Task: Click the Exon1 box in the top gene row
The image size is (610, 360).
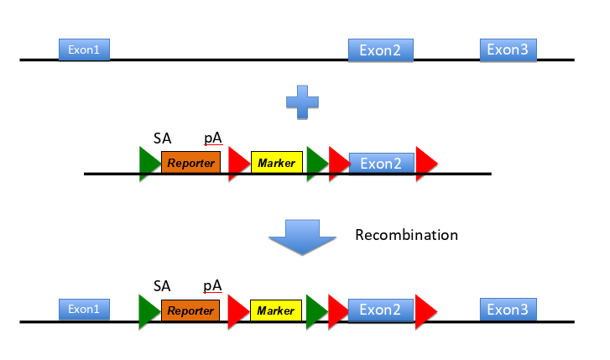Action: coord(84,50)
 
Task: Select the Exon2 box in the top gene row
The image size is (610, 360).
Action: coord(381,50)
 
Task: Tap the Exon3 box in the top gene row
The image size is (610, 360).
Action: coord(508,50)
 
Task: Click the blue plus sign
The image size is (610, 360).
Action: coord(303,103)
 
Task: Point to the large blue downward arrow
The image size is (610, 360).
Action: coord(302,239)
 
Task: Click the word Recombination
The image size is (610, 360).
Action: coord(406,235)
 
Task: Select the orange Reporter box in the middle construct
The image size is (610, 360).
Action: coord(190,163)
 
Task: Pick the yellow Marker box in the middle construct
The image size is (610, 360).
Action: coord(276,163)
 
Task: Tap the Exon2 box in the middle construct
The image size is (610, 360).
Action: coord(381,163)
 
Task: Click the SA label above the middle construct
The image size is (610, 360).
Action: coord(163,138)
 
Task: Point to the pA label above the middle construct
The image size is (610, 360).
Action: coord(212,138)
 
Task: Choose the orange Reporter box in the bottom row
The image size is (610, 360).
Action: coord(190,310)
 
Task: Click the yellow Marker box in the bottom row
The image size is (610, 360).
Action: coord(276,310)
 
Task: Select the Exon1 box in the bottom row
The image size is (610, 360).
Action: coord(84,309)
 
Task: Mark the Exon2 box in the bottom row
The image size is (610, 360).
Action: coord(381,310)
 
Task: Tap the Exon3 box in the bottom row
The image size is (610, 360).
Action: coord(508,309)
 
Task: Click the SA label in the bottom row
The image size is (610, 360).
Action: coord(163,285)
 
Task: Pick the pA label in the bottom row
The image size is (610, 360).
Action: coord(212,285)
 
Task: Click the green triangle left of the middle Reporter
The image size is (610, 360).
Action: coord(149,162)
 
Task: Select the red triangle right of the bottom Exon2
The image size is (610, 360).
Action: coord(425,310)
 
